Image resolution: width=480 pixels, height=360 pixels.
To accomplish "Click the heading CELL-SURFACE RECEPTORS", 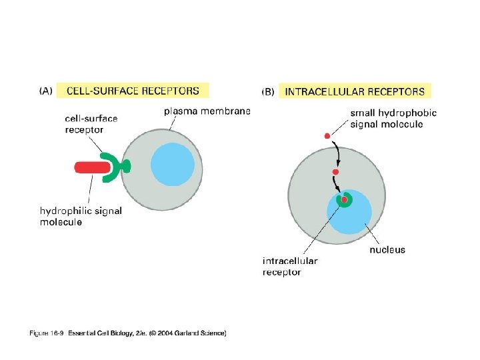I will (133, 90).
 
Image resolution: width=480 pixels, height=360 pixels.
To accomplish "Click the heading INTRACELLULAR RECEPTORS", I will (354, 91).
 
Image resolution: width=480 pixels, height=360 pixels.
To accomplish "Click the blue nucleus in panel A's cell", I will (173, 164).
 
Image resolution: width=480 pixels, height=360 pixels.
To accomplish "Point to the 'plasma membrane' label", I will (207, 111).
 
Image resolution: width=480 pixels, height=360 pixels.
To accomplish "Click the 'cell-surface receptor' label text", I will (91, 124).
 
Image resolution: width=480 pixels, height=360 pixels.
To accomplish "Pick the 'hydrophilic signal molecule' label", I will (81, 216).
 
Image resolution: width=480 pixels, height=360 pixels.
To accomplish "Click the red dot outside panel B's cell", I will (327, 137).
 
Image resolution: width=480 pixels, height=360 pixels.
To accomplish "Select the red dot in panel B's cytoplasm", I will (336, 172).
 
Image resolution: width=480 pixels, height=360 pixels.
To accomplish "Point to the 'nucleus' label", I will (387, 250).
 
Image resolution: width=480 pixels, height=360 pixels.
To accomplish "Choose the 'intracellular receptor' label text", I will (289, 266).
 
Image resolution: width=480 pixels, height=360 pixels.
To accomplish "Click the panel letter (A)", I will (47, 91).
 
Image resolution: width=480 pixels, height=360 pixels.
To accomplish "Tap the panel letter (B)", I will (269, 91).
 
